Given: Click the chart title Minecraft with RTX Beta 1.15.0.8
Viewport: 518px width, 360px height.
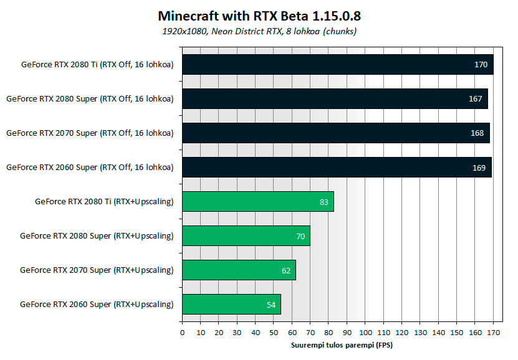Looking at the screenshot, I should click(259, 15).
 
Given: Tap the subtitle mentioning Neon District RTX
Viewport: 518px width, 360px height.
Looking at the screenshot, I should click(259, 31).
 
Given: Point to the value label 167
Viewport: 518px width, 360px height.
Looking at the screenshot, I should click(476, 98).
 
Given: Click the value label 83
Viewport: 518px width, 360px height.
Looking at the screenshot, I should click(324, 202).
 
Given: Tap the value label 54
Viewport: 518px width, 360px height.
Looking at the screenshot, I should click(271, 305).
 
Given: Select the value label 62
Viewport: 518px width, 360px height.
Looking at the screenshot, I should click(285, 270).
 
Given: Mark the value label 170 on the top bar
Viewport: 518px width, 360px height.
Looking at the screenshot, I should click(480, 64).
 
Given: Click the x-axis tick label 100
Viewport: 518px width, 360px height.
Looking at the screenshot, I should click(365, 333).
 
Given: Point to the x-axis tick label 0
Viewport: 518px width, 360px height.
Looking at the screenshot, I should click(182, 333).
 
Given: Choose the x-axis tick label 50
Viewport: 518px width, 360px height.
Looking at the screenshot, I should click(274, 333).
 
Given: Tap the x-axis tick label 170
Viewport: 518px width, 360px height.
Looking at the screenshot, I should click(493, 333).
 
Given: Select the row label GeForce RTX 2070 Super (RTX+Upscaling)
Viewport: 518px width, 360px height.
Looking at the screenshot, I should click(97, 270).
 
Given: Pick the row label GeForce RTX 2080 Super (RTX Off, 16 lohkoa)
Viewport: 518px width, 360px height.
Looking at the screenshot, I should click(89, 98).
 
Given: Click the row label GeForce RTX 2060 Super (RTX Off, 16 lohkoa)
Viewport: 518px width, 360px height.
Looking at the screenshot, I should click(89, 167).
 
